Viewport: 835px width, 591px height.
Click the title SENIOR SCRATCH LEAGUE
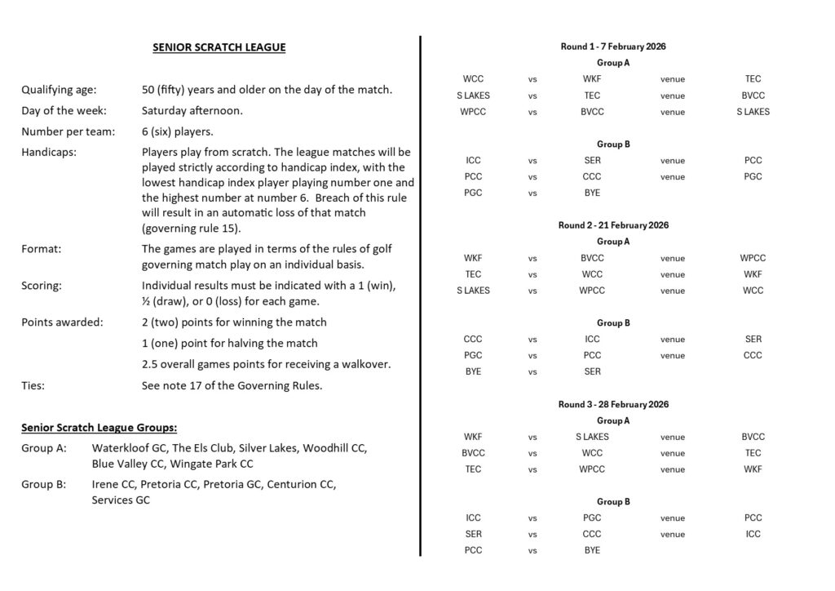point(219,47)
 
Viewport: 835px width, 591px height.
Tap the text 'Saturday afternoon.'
point(192,110)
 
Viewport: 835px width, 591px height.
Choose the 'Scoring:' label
point(42,286)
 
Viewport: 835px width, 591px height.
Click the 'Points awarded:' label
point(62,322)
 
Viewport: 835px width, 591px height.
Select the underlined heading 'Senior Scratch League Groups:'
point(99,427)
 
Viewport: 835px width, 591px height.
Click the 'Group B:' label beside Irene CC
point(44,484)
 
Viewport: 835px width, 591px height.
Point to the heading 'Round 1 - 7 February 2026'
point(613,47)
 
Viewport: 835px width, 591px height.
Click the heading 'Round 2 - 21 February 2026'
point(613,225)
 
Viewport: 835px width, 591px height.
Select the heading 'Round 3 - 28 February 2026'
point(613,404)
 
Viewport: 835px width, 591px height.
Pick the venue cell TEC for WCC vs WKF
point(753,79)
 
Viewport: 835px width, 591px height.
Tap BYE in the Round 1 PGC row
point(592,193)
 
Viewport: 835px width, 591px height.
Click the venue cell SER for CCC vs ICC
point(753,340)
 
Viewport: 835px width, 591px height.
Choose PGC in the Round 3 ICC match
point(592,518)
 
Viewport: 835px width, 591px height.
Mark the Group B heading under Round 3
point(613,502)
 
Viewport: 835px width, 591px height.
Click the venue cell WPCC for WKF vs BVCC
point(753,258)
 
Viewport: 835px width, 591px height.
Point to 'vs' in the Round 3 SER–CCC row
point(532,535)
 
